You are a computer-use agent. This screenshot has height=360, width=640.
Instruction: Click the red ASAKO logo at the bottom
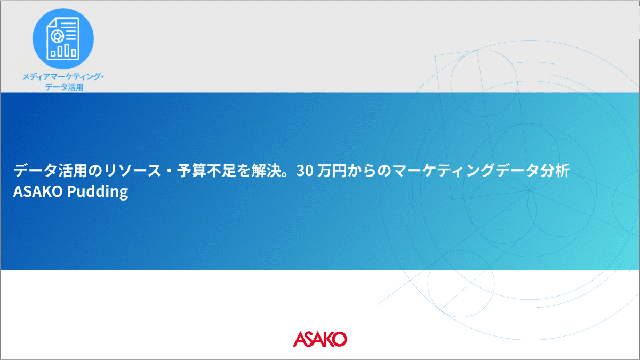tap(319, 339)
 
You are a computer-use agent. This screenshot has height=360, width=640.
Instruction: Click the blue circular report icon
tap(63, 38)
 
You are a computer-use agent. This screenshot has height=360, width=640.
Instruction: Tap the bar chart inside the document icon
tap(63, 50)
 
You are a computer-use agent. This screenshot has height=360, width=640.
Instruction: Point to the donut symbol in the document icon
tap(57, 36)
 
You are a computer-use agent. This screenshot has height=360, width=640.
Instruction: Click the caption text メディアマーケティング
tap(61, 77)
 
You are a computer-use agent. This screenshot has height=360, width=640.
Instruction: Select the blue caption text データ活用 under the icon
tap(64, 87)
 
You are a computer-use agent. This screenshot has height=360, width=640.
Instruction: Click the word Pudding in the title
tap(98, 191)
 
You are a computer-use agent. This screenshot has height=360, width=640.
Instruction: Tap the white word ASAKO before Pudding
tap(38, 191)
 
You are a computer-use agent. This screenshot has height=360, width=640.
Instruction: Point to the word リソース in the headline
tap(132, 171)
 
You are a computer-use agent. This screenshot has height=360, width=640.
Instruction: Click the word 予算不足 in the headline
tap(206, 171)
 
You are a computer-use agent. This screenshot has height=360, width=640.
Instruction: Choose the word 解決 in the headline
tap(266, 171)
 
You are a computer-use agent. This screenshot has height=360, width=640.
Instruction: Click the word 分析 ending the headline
tap(555, 171)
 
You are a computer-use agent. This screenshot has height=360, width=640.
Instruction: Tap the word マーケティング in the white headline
tap(443, 171)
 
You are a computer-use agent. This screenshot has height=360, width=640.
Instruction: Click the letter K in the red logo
tap(326, 339)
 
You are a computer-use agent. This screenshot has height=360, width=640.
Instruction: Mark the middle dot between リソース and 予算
tap(169, 171)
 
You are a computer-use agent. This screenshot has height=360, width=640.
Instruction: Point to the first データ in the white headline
tap(36, 171)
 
